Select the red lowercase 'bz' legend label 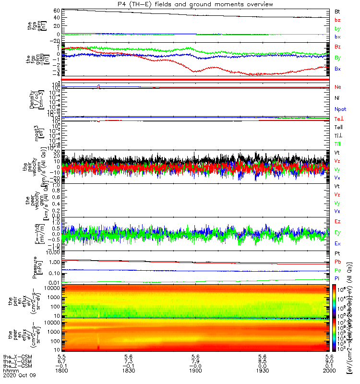(338, 20)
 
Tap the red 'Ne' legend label (338, 87)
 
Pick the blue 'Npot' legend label (340, 109)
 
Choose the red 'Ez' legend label (338, 222)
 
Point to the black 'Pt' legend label (337, 253)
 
